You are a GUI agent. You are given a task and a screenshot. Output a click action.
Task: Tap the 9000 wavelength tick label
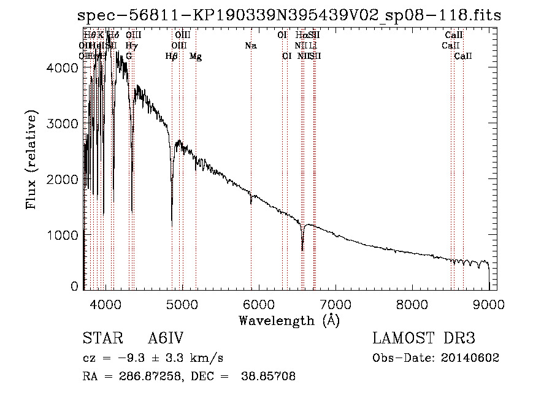(489, 304)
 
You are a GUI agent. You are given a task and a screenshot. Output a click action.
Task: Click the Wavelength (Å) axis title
(289, 320)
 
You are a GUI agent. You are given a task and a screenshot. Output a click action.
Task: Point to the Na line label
(250, 46)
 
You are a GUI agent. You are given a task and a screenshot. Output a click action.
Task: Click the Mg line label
(196, 56)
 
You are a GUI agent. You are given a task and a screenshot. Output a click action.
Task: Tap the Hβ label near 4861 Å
(172, 56)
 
